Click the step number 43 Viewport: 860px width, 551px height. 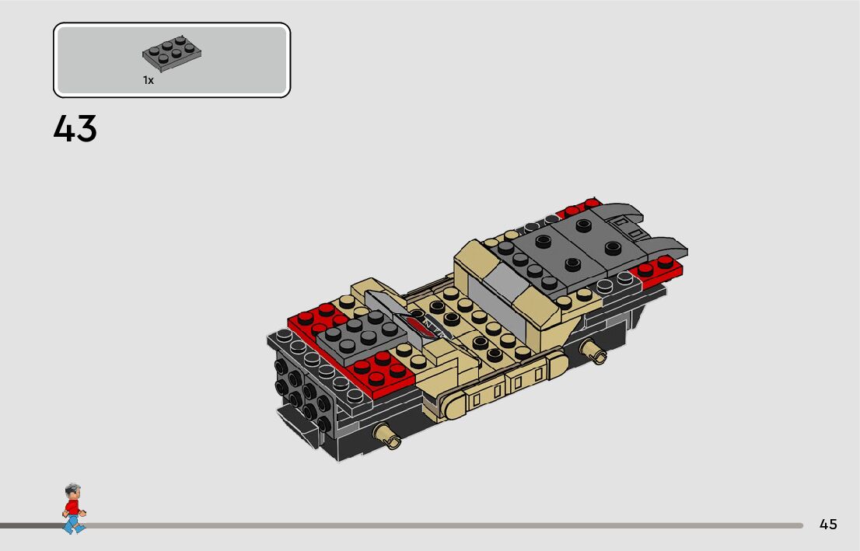[75, 129]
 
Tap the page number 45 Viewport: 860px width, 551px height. [828, 524]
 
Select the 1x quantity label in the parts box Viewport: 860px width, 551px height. [148, 80]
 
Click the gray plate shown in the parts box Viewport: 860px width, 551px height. [172, 54]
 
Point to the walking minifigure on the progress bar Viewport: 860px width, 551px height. [73, 508]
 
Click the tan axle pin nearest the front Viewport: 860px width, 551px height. [386, 437]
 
